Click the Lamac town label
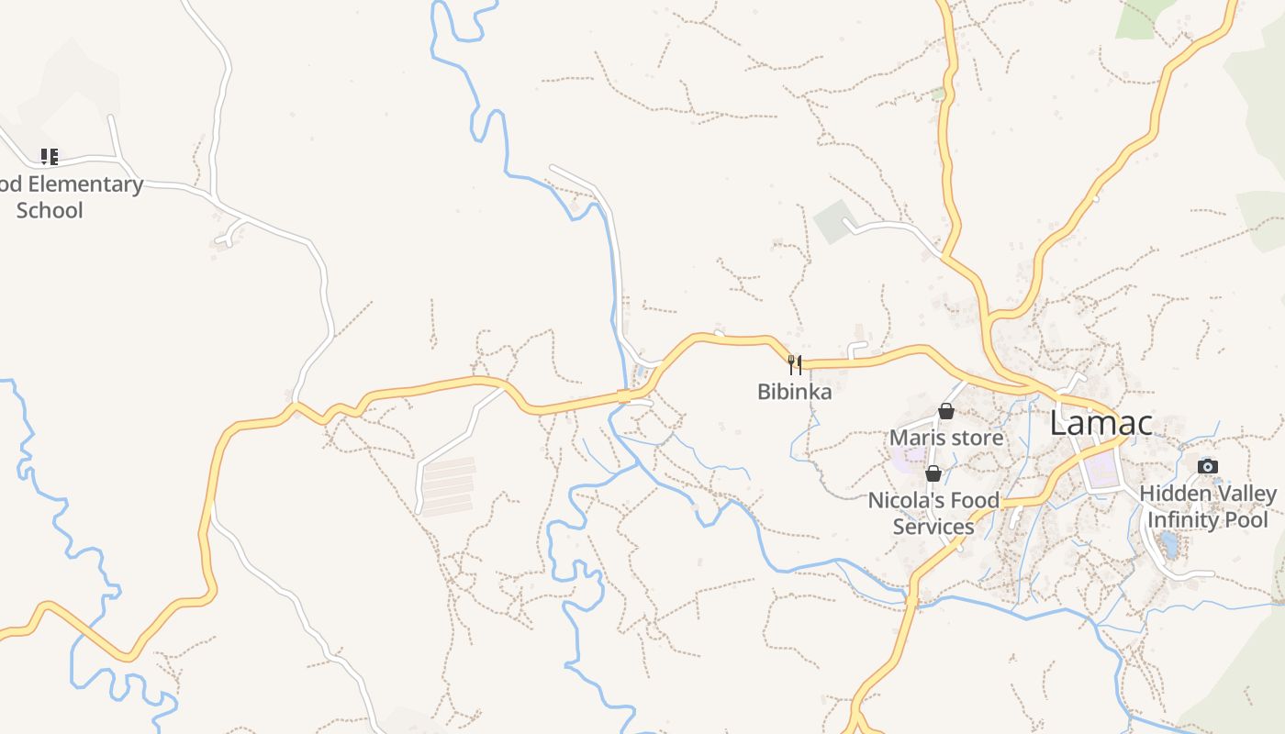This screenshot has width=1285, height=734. click(x=1101, y=424)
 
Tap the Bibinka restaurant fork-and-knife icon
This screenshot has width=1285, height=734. click(x=795, y=365)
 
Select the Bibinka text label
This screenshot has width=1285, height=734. click(x=795, y=392)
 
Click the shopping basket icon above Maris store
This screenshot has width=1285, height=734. click(x=946, y=411)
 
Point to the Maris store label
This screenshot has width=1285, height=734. click(x=946, y=438)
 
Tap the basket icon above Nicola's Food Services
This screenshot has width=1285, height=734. click(x=933, y=473)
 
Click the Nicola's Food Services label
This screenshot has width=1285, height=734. click(x=933, y=514)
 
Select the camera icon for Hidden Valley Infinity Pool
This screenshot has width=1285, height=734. click(x=1208, y=466)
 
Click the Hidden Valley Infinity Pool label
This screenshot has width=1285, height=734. click(x=1208, y=506)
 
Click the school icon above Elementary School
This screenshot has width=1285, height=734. click(x=50, y=157)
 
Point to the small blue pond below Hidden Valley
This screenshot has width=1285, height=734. click(x=1168, y=545)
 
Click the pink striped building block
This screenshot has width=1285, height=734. click(x=447, y=485)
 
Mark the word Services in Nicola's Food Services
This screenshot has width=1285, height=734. click(x=933, y=527)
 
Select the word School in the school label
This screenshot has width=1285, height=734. click(x=50, y=210)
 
